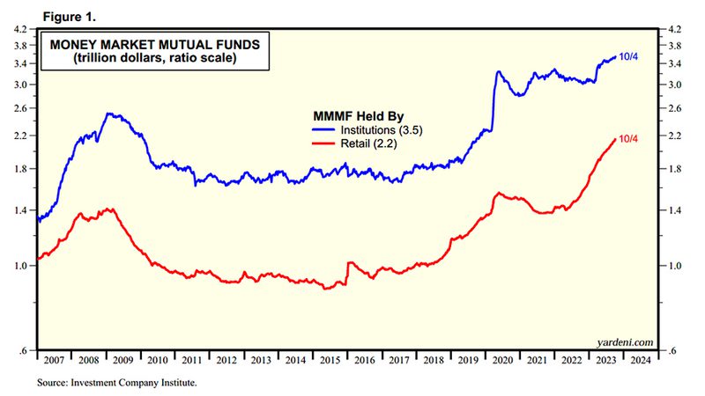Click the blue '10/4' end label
tap(627, 55)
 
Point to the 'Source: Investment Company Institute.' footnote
tap(117, 383)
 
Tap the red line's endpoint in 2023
tap(614, 139)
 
